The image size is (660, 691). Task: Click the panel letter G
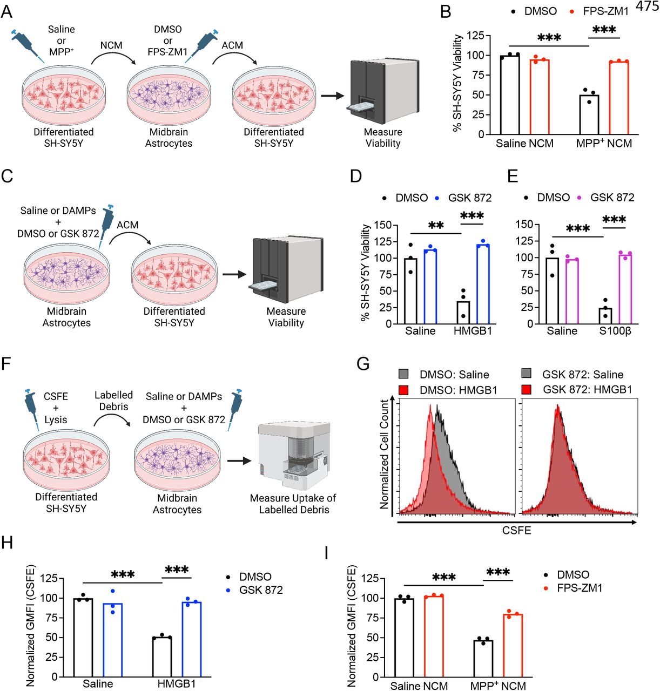(x=363, y=364)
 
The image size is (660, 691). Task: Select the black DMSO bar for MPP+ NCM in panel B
(x=589, y=114)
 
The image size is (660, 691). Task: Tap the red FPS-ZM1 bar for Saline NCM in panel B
(x=539, y=97)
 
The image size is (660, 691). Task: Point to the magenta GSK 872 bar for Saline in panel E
(x=571, y=292)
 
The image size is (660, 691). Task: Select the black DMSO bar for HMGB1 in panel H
(x=162, y=657)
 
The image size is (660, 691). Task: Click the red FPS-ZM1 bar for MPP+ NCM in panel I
(x=513, y=645)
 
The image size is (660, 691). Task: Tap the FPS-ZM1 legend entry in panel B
(x=600, y=11)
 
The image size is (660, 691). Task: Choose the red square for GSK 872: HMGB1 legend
(x=527, y=389)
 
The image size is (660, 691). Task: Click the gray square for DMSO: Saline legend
(x=403, y=374)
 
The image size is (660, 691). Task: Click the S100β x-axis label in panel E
(x=615, y=331)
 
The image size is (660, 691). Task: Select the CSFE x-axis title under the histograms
(x=516, y=530)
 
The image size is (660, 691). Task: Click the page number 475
(x=647, y=6)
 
